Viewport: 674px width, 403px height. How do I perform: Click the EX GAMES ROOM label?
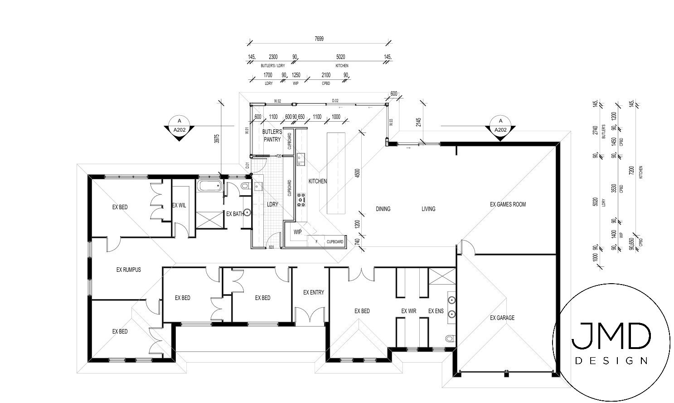click(508, 204)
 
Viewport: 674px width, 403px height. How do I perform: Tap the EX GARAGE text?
click(502, 318)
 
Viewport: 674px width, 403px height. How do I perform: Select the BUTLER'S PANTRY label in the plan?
click(272, 136)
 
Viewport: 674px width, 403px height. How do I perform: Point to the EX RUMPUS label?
click(128, 270)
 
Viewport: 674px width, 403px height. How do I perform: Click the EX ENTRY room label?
click(314, 292)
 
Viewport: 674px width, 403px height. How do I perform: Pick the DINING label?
click(383, 209)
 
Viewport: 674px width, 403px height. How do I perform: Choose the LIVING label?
click(428, 209)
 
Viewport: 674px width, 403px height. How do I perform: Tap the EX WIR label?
click(408, 311)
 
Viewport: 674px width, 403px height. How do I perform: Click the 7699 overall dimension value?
click(319, 39)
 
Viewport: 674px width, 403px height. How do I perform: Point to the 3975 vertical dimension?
click(217, 138)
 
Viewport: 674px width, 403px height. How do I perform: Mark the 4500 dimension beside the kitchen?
click(357, 173)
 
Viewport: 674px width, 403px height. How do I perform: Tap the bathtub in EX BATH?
click(209, 185)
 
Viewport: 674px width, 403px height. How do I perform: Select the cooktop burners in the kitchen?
click(301, 200)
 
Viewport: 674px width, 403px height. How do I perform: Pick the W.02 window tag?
click(278, 100)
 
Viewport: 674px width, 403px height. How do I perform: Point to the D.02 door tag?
click(335, 100)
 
